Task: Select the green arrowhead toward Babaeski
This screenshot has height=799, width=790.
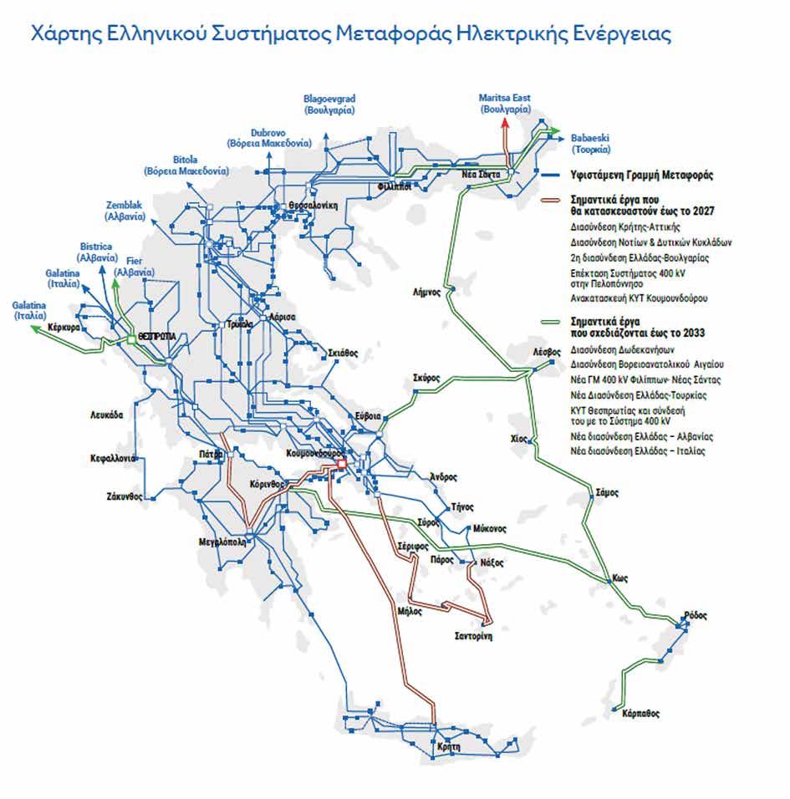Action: click(x=554, y=130)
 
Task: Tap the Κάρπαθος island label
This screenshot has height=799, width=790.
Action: click(x=641, y=714)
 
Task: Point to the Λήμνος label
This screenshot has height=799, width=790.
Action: click(x=426, y=292)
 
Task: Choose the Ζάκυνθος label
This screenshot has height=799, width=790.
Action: click(x=125, y=496)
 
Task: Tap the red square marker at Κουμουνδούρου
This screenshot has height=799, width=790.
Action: click(x=340, y=464)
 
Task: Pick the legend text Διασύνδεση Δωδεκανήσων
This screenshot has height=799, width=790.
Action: click(x=622, y=349)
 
